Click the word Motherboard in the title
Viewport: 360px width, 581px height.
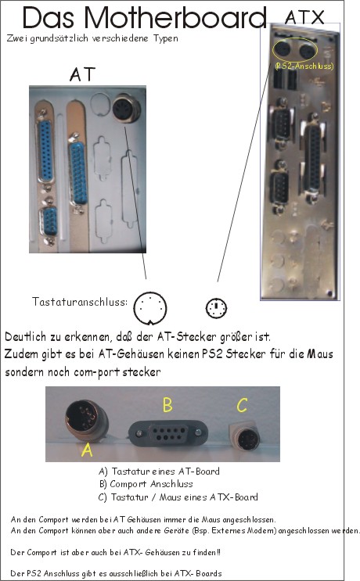coord(175,17)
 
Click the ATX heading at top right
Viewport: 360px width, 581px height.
coord(304,17)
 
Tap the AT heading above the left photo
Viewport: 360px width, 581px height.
coord(82,74)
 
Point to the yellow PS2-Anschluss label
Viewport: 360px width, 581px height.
coord(304,66)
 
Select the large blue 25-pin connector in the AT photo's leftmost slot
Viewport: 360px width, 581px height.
coord(45,151)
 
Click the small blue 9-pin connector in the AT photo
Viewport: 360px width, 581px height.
coord(49,221)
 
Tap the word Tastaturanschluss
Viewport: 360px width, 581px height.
coord(79,302)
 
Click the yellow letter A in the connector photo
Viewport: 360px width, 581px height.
coord(87,450)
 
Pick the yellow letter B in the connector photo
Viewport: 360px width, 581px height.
coord(167,404)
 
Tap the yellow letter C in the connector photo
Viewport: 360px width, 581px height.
coord(242,405)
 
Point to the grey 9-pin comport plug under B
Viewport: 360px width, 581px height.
coord(168,433)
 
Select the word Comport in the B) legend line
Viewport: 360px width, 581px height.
coord(128,484)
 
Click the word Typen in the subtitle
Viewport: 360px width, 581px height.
coord(166,38)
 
